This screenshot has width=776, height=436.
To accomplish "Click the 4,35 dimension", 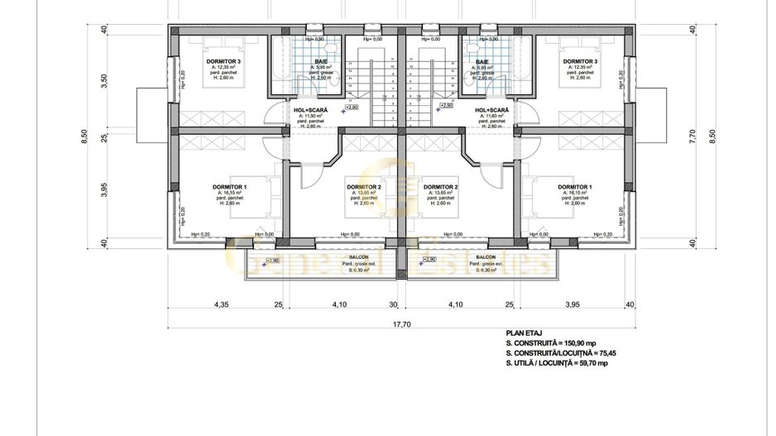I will pyautogui.click(x=221, y=304).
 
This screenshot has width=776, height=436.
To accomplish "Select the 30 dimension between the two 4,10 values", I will pyautogui.click(x=394, y=304).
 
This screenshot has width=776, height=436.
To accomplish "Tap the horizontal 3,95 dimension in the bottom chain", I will pyautogui.click(x=571, y=304).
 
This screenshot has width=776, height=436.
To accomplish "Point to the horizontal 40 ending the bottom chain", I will pyautogui.click(x=630, y=304).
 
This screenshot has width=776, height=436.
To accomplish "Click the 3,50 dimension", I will pyautogui.click(x=104, y=81).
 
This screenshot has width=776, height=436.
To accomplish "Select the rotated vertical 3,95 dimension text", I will pyautogui.click(x=104, y=189).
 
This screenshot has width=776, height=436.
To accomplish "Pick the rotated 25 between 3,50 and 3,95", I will pyautogui.click(x=104, y=137).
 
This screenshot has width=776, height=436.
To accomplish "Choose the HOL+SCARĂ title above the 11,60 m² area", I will pyautogui.click(x=491, y=109).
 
